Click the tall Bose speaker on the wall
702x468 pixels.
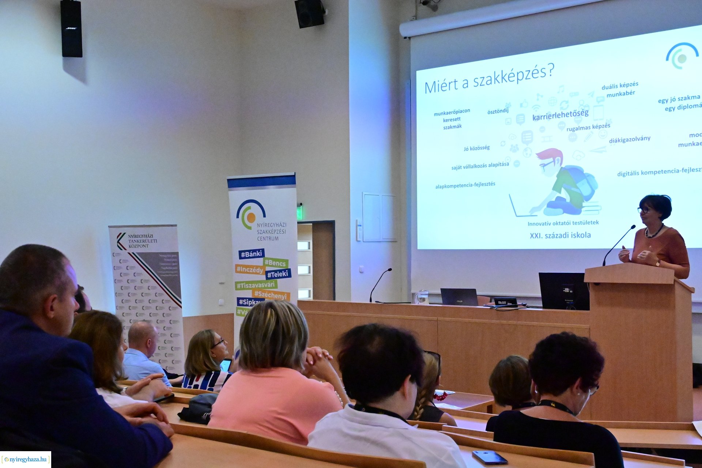pyautogui.click(x=71, y=29)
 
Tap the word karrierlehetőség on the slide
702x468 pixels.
pyautogui.click(x=560, y=115)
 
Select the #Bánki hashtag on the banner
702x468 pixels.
pyautogui.click(x=251, y=254)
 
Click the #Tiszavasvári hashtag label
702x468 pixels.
pyautogui.click(x=256, y=285)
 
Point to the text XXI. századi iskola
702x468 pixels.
pyautogui.click(x=560, y=235)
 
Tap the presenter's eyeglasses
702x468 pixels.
pyautogui.click(x=643, y=210)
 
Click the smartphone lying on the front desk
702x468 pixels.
pyautogui.click(x=489, y=457)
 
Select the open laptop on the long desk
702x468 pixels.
pyautogui.click(x=459, y=297)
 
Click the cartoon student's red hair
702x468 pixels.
pyautogui.click(x=550, y=154)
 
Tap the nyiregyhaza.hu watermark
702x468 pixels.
pyautogui.click(x=26, y=459)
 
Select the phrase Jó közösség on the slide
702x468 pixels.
pyautogui.click(x=476, y=148)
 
